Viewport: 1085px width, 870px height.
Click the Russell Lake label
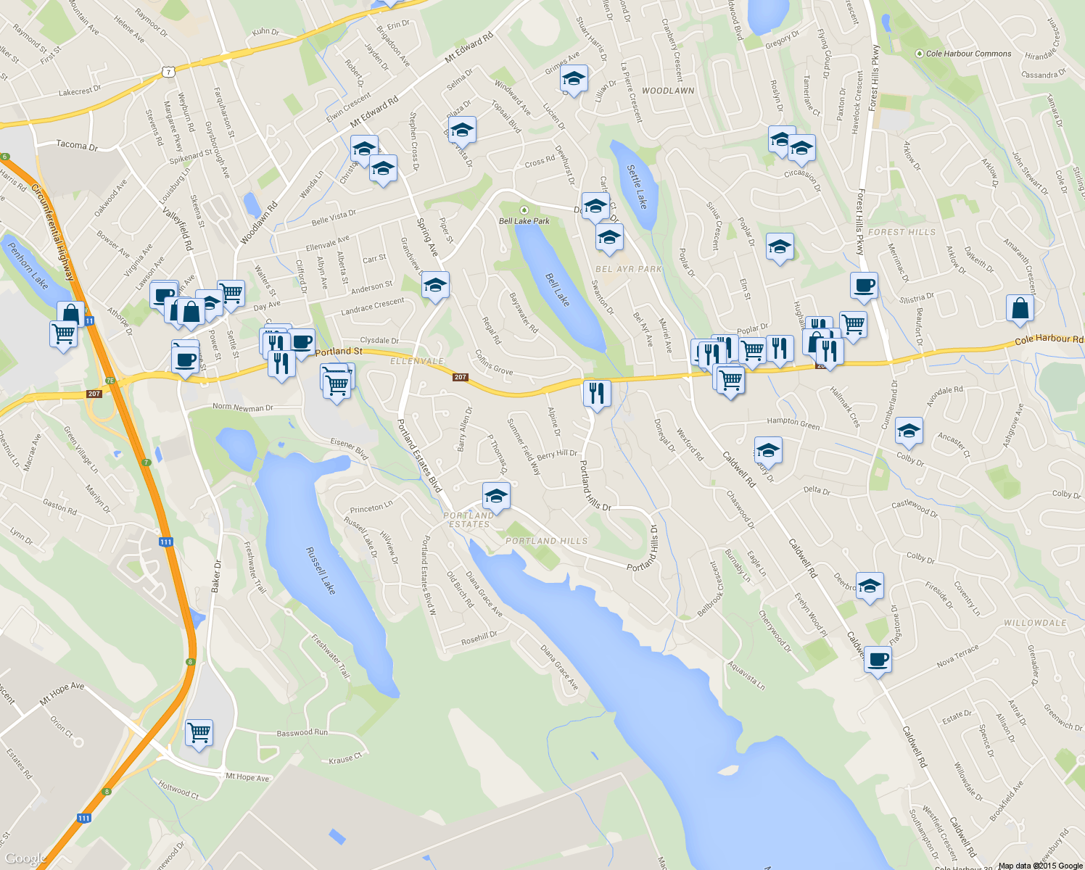coord(320,571)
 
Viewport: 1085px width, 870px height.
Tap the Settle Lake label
coord(637,186)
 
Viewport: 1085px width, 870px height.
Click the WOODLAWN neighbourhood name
coord(668,91)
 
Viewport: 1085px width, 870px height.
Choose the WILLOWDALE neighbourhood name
coord(1035,623)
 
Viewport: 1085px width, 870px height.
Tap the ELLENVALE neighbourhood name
coord(417,361)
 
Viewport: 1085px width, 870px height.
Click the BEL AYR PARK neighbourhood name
coord(629,269)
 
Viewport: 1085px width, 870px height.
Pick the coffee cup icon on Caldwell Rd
coord(878,660)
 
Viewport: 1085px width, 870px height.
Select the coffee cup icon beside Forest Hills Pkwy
coord(864,286)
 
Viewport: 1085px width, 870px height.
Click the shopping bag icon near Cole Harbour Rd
coord(1020,308)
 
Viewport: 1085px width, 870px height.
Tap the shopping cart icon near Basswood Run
coord(199,732)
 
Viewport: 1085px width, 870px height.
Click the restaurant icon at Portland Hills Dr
coord(596,393)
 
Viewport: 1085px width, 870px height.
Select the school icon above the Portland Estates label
coord(496,496)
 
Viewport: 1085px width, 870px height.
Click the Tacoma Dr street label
coord(77,145)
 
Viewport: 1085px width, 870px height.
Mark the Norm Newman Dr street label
coord(242,407)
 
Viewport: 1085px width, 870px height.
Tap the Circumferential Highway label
coord(53,232)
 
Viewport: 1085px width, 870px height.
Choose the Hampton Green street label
coord(793,423)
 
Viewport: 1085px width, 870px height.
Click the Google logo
coord(25,859)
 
